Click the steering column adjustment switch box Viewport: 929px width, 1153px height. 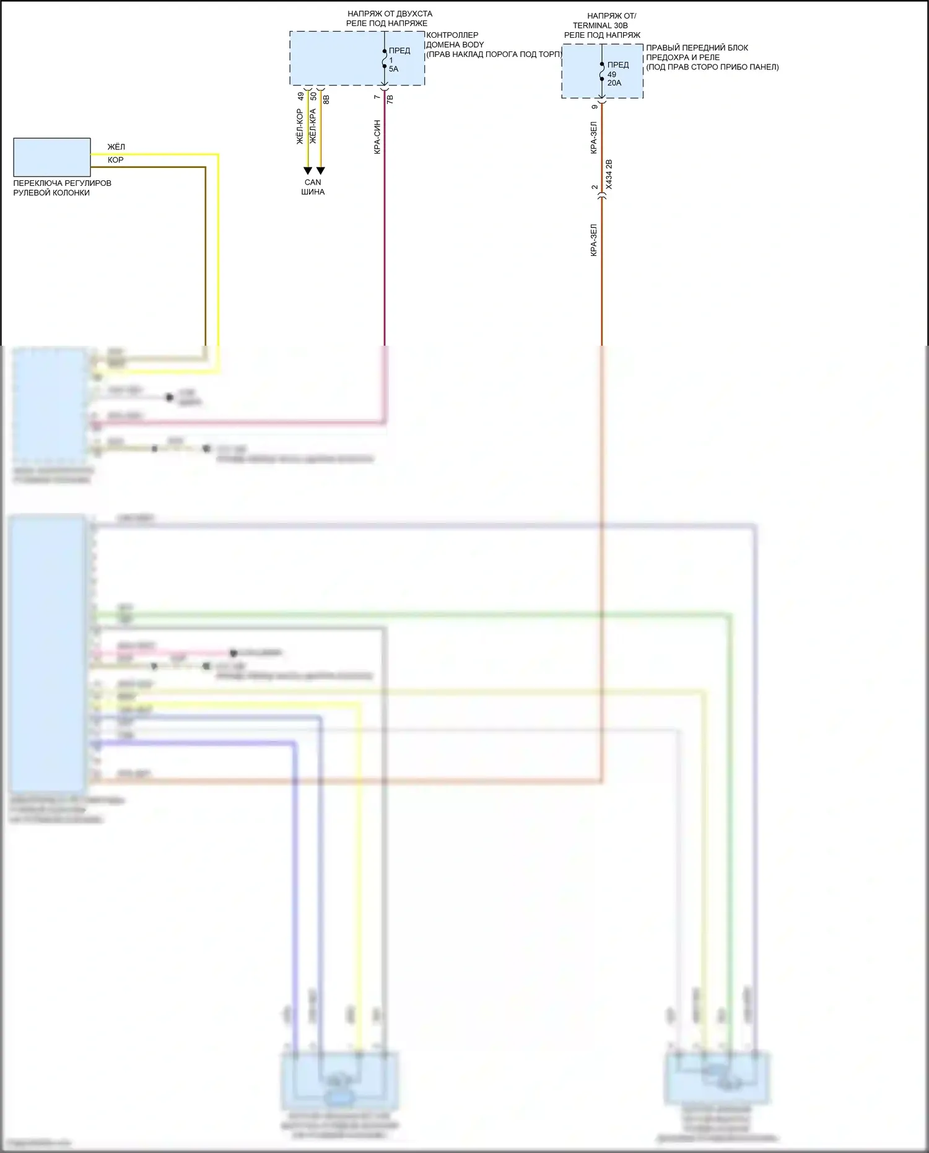(x=52, y=157)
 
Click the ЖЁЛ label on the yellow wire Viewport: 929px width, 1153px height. (x=116, y=147)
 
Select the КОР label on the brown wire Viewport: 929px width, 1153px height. (x=115, y=160)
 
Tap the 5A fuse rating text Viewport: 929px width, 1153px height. (x=393, y=69)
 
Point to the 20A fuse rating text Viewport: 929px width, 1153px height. (x=614, y=83)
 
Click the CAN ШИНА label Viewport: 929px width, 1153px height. (x=313, y=187)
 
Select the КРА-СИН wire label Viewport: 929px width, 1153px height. (x=377, y=137)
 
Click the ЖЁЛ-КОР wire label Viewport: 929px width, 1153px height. (x=300, y=127)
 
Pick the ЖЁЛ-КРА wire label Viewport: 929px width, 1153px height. (x=313, y=127)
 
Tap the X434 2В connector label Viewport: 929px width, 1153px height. (x=609, y=175)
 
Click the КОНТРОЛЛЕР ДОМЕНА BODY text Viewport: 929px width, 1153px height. (x=455, y=40)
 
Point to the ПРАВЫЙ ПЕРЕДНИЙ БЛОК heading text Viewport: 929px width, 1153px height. (x=697, y=48)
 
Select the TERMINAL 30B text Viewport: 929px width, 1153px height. (x=600, y=25)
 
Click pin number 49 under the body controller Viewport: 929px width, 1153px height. (x=301, y=97)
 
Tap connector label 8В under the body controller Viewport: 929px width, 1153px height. (x=326, y=99)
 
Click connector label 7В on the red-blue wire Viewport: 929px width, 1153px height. (x=390, y=99)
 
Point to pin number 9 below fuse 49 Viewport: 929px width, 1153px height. (x=595, y=107)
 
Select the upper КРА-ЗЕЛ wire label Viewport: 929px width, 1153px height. (x=593, y=138)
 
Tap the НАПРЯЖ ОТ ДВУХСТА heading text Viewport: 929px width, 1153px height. (x=390, y=14)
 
